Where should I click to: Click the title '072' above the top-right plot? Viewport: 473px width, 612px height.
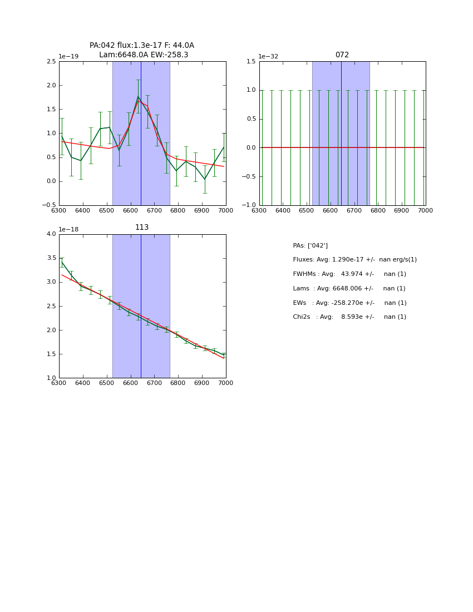[x=342, y=55]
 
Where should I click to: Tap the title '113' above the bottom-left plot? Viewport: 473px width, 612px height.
[x=142, y=228]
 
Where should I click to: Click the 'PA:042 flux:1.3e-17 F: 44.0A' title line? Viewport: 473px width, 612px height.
[x=142, y=46]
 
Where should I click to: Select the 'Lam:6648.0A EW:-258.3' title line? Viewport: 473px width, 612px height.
[x=144, y=55]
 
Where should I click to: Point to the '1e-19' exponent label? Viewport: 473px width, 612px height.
[x=68, y=57]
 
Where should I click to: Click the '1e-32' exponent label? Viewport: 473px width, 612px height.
[x=268, y=57]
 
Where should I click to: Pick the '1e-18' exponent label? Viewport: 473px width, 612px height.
[x=68, y=229]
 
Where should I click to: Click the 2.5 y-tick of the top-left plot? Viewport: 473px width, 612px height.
[x=51, y=62]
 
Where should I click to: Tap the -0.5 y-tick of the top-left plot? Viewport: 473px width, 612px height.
[x=49, y=205]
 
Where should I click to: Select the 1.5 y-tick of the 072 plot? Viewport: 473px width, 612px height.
[x=251, y=62]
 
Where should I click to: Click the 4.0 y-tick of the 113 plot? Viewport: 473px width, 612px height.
[x=51, y=234]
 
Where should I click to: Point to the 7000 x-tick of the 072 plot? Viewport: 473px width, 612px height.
[x=425, y=210]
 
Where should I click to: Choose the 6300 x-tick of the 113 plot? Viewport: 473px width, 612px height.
[x=59, y=383]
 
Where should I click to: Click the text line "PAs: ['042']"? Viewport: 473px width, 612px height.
[x=310, y=245]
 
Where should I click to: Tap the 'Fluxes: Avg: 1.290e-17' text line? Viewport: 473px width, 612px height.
[x=354, y=260]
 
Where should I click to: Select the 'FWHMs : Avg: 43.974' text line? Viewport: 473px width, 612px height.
[x=349, y=274]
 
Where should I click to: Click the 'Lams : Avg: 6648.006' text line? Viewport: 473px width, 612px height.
[x=349, y=289]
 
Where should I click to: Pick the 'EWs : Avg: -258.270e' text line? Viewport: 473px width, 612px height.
[x=349, y=303]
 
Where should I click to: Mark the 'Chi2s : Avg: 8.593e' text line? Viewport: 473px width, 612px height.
[x=349, y=317]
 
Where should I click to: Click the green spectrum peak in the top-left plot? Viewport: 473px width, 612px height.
[x=138, y=97]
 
